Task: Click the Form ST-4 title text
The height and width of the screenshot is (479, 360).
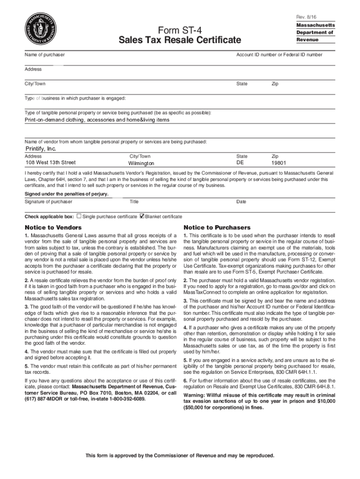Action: click(180, 29)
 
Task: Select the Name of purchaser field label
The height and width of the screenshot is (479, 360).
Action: click(44, 55)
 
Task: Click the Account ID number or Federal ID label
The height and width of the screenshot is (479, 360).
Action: click(279, 55)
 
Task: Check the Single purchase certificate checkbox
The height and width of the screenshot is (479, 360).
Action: click(79, 217)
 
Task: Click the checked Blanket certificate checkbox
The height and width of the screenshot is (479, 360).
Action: click(143, 217)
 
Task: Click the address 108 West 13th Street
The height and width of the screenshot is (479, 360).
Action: click(50, 163)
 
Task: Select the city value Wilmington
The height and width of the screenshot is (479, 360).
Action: click(141, 163)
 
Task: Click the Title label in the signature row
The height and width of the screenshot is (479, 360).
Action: click(134, 202)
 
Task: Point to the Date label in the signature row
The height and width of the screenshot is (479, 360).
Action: click(241, 202)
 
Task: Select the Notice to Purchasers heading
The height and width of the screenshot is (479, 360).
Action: click(217, 227)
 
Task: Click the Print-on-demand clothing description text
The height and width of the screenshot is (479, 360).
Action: click(97, 120)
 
